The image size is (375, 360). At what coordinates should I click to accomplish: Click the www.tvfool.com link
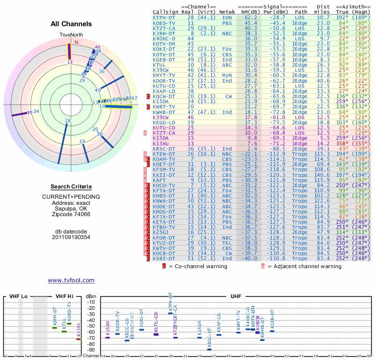coord(71,280)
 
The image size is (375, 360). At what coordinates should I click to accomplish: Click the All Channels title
coord(71,24)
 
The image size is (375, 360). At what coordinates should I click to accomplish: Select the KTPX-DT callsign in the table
coord(164,17)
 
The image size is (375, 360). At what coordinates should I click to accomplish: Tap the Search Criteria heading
coord(71,187)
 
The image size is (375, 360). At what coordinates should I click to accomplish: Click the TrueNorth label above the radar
coord(71,35)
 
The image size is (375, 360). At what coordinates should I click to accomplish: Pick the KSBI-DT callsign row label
coord(164,258)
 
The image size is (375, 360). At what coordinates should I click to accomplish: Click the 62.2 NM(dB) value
coord(250,17)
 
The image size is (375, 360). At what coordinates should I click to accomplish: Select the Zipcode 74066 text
coord(71,215)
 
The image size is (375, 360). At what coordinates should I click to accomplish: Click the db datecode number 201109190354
coord(71,237)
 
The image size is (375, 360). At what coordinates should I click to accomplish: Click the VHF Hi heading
coord(65,297)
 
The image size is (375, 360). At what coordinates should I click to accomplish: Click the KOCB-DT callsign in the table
coord(164,253)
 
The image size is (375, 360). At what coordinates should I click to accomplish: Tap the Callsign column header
coord(166,11)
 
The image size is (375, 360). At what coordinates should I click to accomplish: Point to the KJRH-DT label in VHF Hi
coord(55,318)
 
